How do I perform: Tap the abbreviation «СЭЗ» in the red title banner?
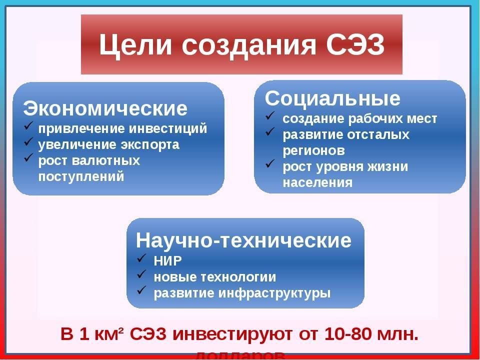(355, 46)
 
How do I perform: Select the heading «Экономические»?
(105, 108)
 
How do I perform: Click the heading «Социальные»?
(332, 98)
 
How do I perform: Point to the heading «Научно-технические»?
(243, 240)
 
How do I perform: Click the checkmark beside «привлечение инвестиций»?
(29, 127)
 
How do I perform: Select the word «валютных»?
(107, 160)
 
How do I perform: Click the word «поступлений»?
(81, 176)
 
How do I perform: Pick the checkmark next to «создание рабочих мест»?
(270, 118)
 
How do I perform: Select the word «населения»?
(317, 182)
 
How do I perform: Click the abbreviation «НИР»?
(168, 260)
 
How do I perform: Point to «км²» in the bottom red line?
(111, 334)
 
